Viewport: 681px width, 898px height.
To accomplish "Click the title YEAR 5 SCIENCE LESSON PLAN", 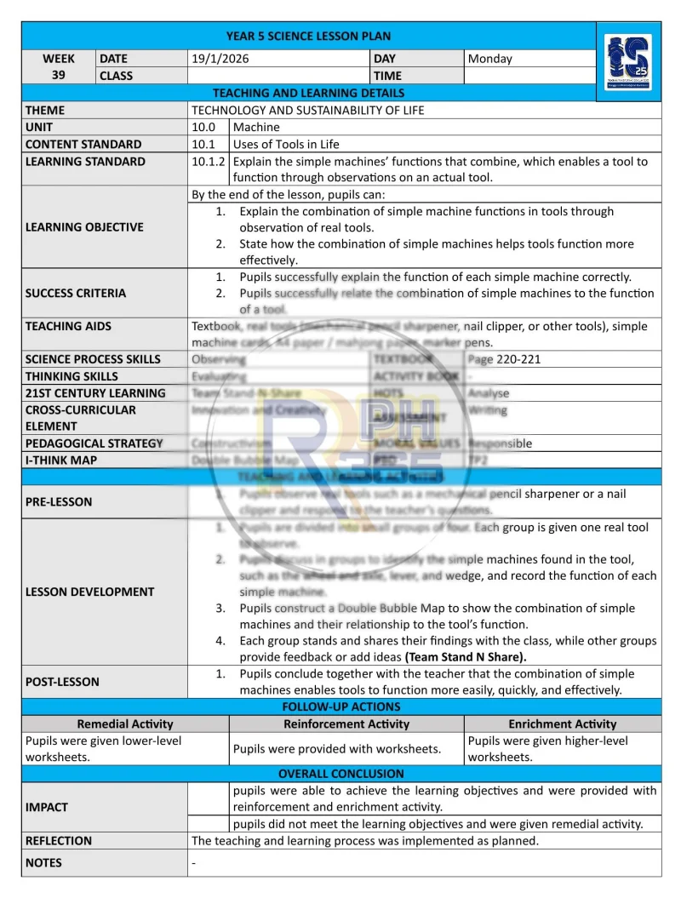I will click(x=308, y=36).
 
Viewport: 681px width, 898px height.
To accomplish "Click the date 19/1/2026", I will click(x=220, y=59).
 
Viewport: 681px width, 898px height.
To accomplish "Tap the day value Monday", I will click(x=490, y=59).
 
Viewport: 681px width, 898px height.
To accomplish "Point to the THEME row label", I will click(x=45, y=110).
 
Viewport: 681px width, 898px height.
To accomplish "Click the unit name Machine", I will click(x=256, y=127).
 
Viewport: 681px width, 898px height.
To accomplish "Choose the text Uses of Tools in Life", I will click(x=286, y=144).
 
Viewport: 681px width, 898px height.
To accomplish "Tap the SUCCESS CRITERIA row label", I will click(x=76, y=293).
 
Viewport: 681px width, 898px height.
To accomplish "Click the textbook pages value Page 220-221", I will click(x=504, y=359).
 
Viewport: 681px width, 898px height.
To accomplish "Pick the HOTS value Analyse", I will click(x=489, y=393).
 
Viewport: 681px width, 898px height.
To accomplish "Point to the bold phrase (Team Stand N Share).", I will click(x=466, y=656).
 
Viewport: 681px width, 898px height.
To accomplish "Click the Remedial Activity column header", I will click(x=125, y=724).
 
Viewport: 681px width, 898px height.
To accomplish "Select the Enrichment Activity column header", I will click(x=563, y=724).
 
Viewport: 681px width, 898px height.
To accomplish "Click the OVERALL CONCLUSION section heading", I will click(x=341, y=774).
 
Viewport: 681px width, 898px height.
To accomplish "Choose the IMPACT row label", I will click(x=47, y=806).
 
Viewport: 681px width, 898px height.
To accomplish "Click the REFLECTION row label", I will click(x=59, y=840).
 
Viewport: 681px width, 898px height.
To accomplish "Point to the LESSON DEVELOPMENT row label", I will click(x=90, y=592).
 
